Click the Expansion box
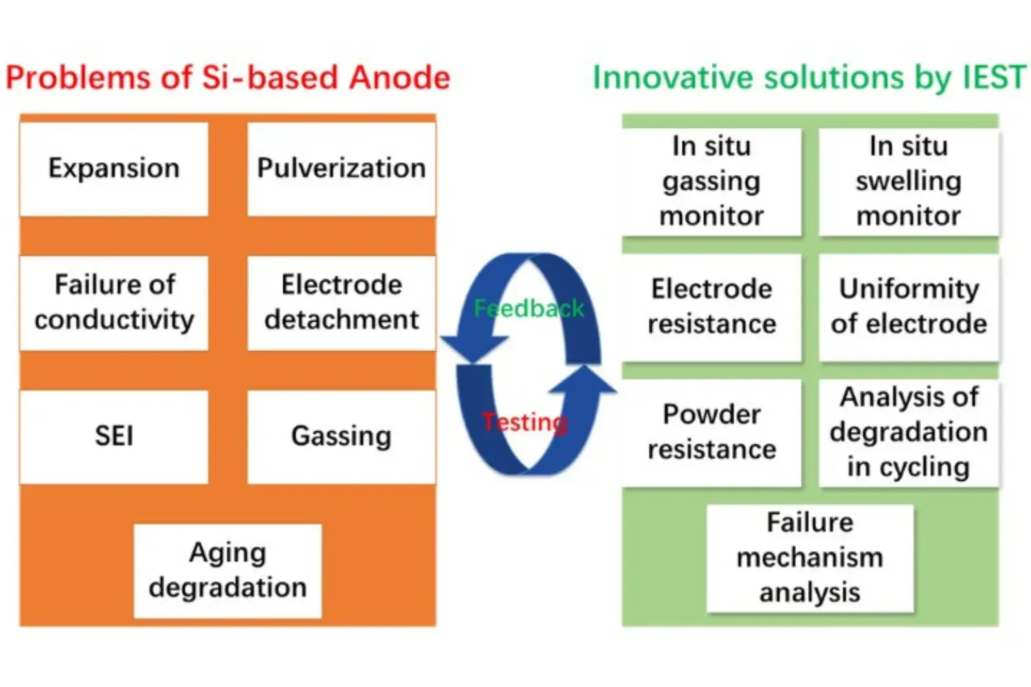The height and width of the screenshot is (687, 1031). [114, 169]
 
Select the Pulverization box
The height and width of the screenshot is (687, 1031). [341, 169]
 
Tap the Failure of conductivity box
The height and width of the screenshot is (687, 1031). [114, 302]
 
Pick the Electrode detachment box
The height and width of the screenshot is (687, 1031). [341, 302]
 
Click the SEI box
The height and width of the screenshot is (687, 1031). [114, 436]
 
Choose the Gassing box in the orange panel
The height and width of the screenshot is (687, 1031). [341, 436]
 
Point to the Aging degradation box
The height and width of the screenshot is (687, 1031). [228, 570]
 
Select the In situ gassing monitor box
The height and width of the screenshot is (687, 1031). [711, 181]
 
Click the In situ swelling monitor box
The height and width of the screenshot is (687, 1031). [908, 181]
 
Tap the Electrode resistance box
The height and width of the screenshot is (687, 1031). [711, 306]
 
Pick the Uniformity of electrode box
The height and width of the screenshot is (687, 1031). [908, 306]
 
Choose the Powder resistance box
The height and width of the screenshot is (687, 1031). [711, 432]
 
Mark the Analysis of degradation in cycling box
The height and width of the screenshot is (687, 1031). [908, 432]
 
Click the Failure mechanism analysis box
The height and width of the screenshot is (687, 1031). [810, 558]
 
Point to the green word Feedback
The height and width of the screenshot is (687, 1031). [528, 308]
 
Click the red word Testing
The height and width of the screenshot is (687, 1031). [524, 422]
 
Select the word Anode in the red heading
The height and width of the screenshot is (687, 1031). [399, 78]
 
